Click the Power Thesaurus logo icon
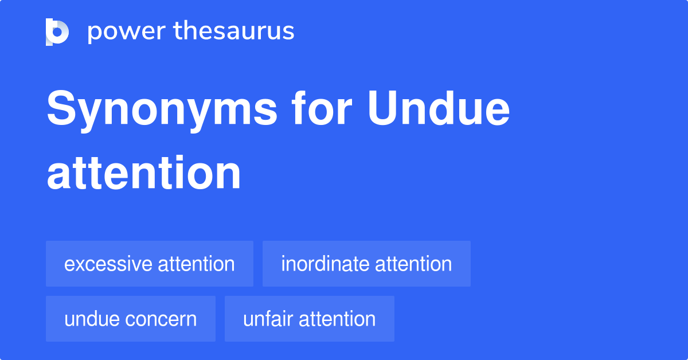pyautogui.click(x=57, y=32)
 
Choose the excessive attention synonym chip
pyautogui.click(x=149, y=264)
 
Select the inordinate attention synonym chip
pyautogui.click(x=366, y=264)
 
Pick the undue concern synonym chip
pyautogui.click(x=130, y=319)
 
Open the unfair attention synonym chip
pyautogui.click(x=309, y=319)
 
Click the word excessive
pyautogui.click(x=108, y=264)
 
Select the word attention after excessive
pyautogui.click(x=196, y=264)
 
